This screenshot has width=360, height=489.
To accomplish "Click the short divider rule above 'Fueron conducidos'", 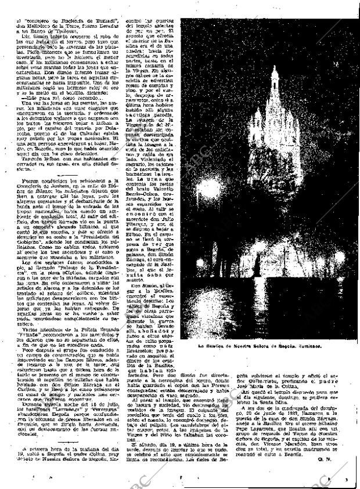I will pos(74,176).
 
